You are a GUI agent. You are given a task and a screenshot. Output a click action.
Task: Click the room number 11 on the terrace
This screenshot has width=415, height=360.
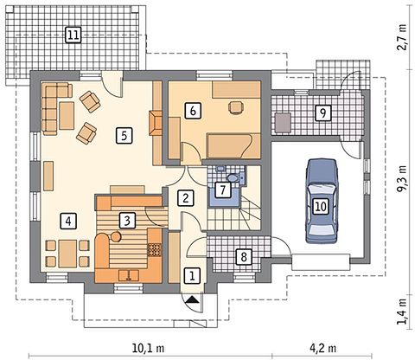tap(73, 35)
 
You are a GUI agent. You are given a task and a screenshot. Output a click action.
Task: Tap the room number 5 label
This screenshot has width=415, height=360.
tap(124, 135)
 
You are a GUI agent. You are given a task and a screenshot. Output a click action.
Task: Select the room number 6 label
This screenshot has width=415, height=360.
tap(193, 111)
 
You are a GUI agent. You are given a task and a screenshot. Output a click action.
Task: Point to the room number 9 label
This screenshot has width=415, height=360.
tap(322, 112)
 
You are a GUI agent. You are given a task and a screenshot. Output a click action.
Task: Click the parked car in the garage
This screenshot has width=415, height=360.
tap(322, 201)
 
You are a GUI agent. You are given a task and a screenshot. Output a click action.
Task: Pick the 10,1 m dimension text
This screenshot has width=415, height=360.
tap(149, 348)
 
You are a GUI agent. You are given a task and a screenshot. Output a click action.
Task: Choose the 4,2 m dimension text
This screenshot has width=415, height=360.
tap(323, 348)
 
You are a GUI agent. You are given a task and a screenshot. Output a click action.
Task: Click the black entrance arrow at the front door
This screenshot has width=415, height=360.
tap(192, 299)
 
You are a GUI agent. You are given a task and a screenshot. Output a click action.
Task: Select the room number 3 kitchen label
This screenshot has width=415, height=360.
tap(127, 221)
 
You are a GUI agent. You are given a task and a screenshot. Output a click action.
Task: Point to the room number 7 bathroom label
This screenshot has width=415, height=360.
tap(222, 190)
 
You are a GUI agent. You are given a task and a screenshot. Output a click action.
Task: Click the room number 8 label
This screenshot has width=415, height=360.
tap(244, 257)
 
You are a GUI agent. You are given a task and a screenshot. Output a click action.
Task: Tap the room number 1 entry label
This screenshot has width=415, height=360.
tap(192, 275)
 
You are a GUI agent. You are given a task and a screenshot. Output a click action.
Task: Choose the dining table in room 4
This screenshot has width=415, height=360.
tap(67, 254)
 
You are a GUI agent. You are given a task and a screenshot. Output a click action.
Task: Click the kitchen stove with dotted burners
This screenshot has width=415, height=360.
tap(154, 250)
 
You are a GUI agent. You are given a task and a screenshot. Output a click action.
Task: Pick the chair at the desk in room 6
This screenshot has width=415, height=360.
tap(236, 108)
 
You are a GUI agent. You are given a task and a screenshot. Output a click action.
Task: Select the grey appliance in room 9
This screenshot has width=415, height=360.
tap(283, 123)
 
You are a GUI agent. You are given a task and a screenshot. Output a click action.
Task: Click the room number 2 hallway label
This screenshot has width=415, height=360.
tap(185, 198)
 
